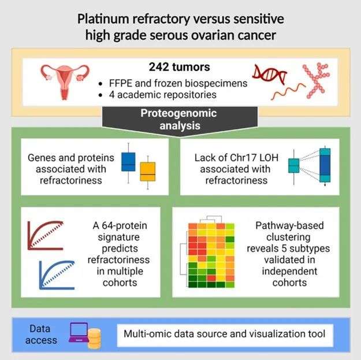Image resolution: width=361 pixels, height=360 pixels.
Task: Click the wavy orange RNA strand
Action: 288,91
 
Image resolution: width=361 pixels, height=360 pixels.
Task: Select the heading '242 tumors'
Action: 180,67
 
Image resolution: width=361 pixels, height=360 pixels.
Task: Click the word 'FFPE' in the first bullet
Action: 121,83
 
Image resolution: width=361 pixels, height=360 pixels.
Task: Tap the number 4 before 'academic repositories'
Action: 111,95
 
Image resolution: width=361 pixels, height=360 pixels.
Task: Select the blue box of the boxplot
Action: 128,162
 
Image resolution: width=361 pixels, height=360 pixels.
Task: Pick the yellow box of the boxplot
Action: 148,172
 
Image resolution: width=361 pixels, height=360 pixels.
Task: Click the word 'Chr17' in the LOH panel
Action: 245,158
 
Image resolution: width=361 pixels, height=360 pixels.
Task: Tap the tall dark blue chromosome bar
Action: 325,165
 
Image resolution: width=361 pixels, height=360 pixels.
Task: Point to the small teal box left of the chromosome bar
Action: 294,166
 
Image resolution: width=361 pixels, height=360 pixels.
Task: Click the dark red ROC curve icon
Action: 46,236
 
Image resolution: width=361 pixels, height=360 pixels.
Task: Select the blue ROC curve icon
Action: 57,275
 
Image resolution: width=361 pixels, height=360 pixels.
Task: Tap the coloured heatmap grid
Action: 211,255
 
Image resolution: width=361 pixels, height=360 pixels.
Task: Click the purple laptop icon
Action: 79,332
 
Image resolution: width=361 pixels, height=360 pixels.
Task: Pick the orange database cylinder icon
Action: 94,339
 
